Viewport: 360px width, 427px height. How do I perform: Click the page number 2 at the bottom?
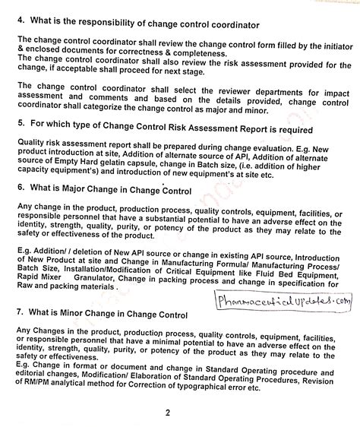click(175, 413)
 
